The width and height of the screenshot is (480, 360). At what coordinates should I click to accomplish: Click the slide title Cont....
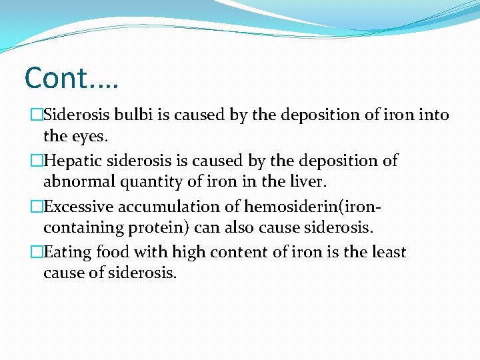point(70,78)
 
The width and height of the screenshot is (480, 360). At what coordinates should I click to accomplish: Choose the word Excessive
point(81,207)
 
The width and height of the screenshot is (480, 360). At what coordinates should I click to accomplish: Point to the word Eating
point(69,253)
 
